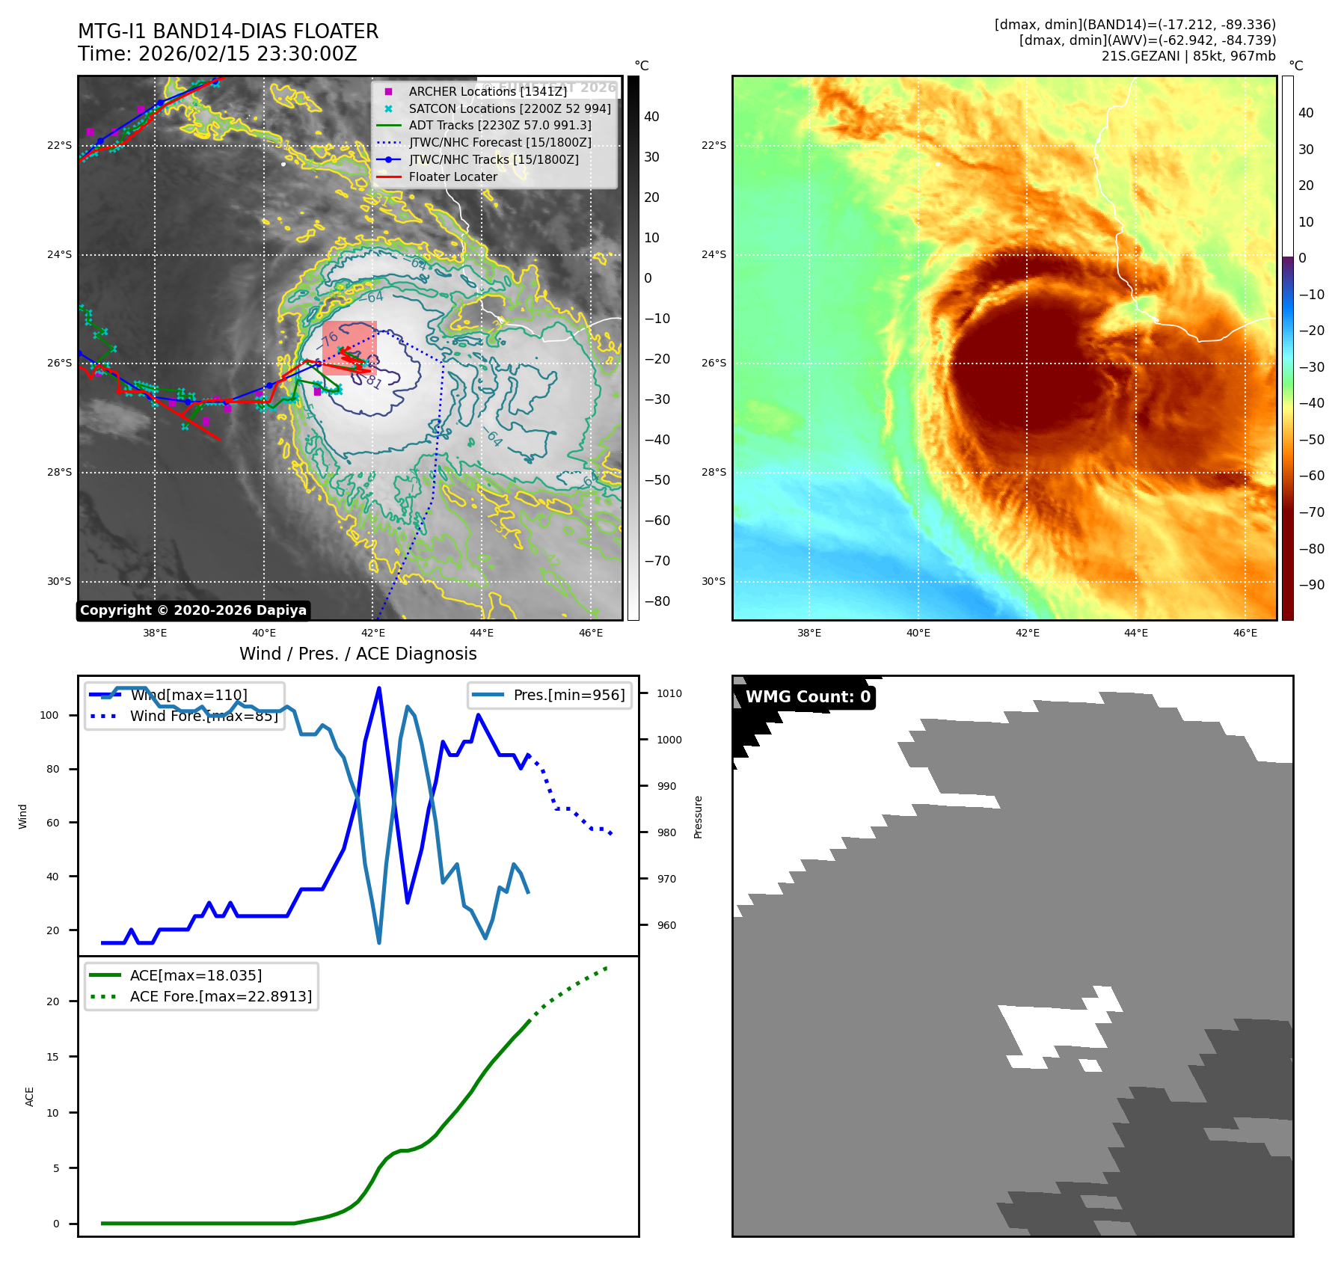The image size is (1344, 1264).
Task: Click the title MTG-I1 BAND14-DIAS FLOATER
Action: pyautogui.click(x=228, y=31)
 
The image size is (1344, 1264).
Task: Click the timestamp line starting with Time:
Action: pyautogui.click(x=218, y=54)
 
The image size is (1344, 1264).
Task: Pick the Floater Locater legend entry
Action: pyautogui.click(x=452, y=177)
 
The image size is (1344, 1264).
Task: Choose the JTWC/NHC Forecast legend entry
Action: pyautogui.click(x=500, y=142)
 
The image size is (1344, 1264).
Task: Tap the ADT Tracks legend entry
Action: pyautogui.click(x=500, y=125)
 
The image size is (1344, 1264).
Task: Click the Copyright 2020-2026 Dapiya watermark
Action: pyautogui.click(x=193, y=610)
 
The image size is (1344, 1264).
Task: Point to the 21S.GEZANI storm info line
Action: pyautogui.click(x=1188, y=56)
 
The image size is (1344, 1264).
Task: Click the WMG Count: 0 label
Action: pyautogui.click(x=808, y=697)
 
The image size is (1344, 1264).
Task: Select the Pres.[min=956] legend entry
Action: pyautogui.click(x=568, y=695)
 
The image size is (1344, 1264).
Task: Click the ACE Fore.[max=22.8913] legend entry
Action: pyautogui.click(x=221, y=996)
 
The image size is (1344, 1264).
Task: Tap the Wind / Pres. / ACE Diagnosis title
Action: pyautogui.click(x=358, y=654)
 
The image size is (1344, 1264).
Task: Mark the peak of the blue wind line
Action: pyautogui.click(x=379, y=688)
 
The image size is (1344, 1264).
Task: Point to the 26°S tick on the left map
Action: pyautogui.click(x=60, y=363)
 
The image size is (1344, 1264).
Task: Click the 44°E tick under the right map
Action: pyautogui.click(x=1136, y=633)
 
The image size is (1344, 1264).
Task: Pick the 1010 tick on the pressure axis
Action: pyautogui.click(x=669, y=693)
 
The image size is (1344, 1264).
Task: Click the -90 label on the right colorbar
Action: pyautogui.click(x=1311, y=585)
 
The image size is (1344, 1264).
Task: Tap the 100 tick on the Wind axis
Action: pyautogui.click(x=49, y=715)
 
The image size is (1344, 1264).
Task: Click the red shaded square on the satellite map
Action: pyautogui.click(x=349, y=348)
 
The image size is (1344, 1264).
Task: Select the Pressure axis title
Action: pyautogui.click(x=698, y=817)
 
